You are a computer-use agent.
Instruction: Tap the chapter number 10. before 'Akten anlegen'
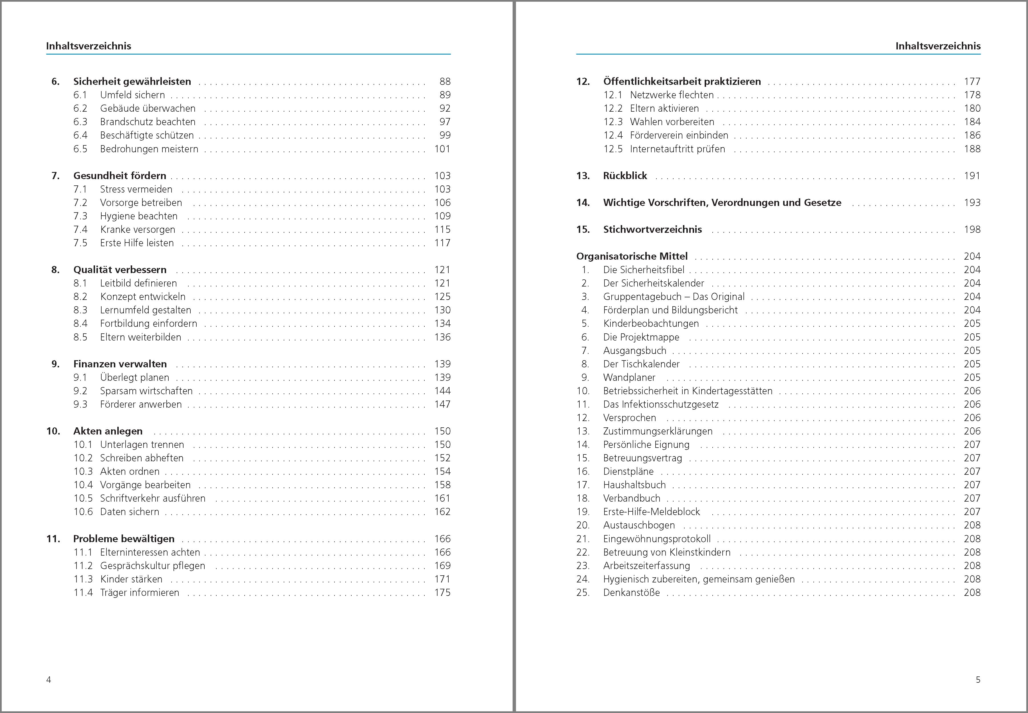click(53, 431)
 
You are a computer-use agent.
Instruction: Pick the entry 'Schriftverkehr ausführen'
click(153, 498)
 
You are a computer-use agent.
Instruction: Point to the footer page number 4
click(49, 680)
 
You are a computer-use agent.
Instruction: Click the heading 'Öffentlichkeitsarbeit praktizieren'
click(682, 82)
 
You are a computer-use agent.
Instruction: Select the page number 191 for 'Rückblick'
click(972, 176)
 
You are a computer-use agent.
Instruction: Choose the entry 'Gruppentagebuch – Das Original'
click(674, 297)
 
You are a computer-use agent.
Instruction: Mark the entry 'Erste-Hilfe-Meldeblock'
click(651, 512)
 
